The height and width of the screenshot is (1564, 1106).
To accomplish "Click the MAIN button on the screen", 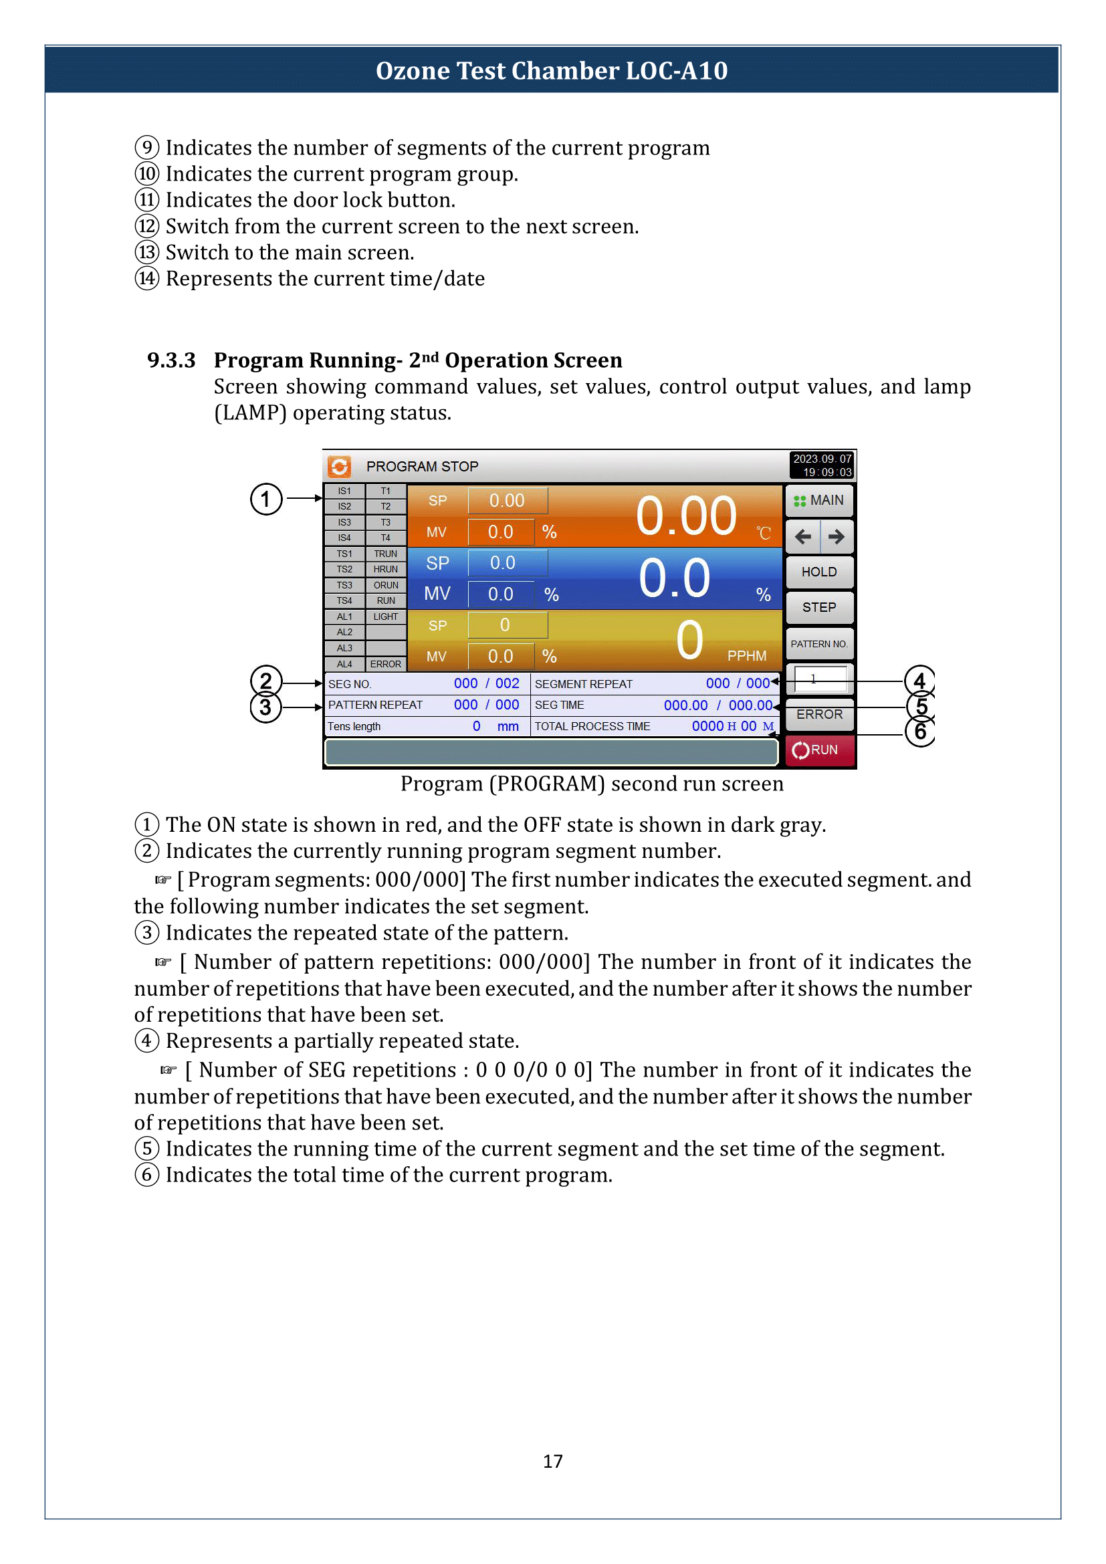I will point(819,501).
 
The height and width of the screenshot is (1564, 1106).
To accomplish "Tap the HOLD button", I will point(819,572).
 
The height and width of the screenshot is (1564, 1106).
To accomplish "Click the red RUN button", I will point(819,750).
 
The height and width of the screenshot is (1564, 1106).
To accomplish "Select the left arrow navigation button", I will point(803,537).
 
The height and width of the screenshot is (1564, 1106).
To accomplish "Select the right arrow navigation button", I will point(837,537).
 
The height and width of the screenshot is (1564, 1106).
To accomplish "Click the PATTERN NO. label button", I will point(819,644).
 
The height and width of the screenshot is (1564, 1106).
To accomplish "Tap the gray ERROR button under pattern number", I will point(819,715).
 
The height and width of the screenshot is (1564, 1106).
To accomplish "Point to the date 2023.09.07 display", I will point(822,459).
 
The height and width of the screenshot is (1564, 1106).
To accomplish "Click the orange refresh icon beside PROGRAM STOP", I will point(339,467).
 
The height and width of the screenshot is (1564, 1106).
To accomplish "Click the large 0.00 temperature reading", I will point(686,516).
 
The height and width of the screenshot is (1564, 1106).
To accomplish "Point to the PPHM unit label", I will point(746,656).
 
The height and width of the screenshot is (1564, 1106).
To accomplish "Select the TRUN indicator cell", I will point(385,554).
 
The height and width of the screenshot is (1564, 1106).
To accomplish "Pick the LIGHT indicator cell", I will point(385,617).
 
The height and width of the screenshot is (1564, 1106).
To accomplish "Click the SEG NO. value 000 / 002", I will point(486,684).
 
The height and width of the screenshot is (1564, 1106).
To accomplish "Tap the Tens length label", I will point(354,727).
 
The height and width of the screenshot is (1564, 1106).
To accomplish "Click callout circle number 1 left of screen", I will point(265,499).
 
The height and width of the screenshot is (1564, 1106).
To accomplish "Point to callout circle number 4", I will point(919,681).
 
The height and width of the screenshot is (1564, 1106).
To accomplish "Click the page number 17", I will point(552,1462).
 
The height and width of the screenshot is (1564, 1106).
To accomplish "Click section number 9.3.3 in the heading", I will point(171,360).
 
